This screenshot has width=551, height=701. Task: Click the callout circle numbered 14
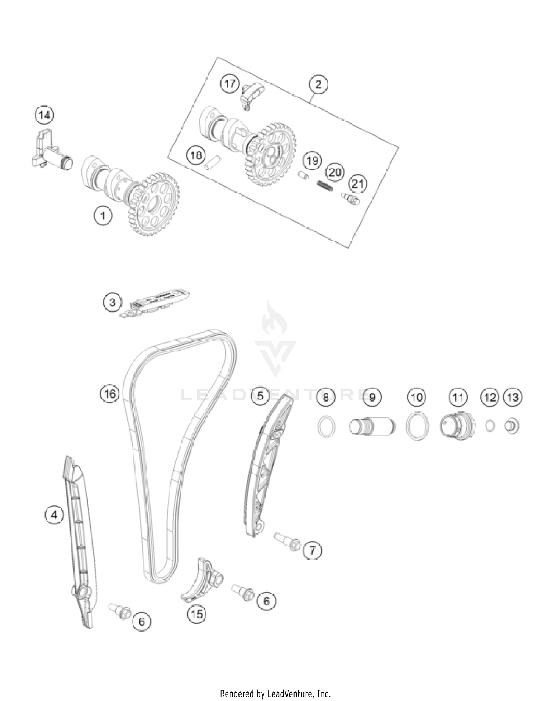44,115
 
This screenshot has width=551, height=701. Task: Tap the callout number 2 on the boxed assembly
318,84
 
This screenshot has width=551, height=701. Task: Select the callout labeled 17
230,84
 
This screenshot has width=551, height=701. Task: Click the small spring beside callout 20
325,186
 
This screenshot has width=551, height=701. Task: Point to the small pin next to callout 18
212,162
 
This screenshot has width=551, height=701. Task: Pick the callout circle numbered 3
112,303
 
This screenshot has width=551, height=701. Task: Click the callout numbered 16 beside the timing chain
109,394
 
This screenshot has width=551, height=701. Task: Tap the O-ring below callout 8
326,427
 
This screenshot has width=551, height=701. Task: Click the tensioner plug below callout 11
457,427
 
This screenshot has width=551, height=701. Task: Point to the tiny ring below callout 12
489,426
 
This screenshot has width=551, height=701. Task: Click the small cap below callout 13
511,426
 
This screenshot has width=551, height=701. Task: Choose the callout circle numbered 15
197,614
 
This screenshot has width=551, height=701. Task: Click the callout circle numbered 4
54,515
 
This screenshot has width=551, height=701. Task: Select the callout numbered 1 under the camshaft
102,216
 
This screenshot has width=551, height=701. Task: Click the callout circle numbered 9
372,397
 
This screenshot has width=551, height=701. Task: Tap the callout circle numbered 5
260,396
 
